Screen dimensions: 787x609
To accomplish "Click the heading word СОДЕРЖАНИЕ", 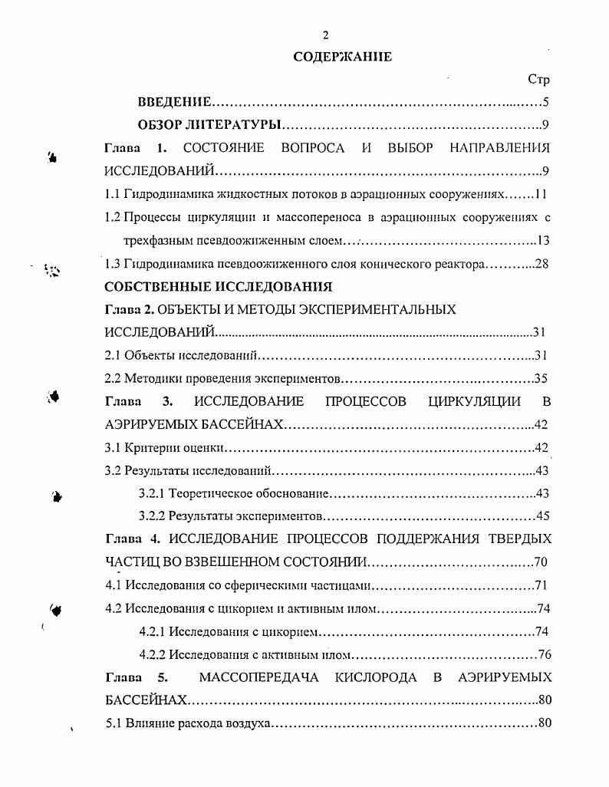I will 342,57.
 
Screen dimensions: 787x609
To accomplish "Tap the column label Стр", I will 539,80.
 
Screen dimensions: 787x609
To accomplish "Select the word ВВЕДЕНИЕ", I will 174,102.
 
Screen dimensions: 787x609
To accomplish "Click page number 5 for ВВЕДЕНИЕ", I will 545,102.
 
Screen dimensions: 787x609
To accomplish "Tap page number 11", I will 541,194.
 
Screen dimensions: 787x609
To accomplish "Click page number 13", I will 543,241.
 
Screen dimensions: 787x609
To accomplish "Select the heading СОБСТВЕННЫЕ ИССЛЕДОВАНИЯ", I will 218,287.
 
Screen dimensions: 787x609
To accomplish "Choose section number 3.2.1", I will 153,494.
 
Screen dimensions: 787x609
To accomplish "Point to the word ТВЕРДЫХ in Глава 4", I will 522,539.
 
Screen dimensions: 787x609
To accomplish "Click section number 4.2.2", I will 153,655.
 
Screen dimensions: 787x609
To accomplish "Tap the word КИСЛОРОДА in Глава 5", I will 376,677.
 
